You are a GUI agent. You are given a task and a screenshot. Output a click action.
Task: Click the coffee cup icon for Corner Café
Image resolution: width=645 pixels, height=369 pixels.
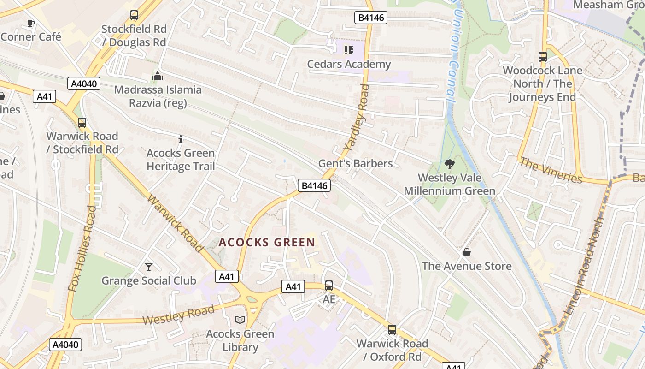pyautogui.click(x=31, y=23)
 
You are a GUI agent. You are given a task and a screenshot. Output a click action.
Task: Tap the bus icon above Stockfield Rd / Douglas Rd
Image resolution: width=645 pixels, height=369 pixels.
pyautogui.click(x=134, y=15)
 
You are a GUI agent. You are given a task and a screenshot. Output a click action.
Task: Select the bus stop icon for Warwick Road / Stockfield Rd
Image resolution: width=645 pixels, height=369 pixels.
pyautogui.click(x=82, y=123)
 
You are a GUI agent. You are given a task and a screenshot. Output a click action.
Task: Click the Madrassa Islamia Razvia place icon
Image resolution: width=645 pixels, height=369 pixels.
pyautogui.click(x=158, y=76)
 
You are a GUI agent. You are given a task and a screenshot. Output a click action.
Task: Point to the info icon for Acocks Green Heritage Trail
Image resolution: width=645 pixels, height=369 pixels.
pyautogui.click(x=181, y=139)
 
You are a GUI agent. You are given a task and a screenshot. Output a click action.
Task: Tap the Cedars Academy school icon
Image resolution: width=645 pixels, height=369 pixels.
pyautogui.click(x=348, y=50)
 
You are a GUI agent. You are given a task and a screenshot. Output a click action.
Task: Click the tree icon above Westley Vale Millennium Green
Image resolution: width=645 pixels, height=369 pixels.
pyautogui.click(x=449, y=164)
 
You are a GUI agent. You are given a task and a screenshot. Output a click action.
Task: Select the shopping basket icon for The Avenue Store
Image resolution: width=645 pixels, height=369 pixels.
pyautogui.click(x=467, y=252)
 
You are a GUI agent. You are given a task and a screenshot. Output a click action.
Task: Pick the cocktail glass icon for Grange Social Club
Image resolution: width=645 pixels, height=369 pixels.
pyautogui.click(x=148, y=267)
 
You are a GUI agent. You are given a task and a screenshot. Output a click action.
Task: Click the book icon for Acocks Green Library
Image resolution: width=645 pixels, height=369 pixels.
pyautogui.click(x=240, y=320)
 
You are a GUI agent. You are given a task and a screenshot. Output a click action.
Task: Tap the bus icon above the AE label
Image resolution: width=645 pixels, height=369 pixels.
pyautogui.click(x=329, y=286)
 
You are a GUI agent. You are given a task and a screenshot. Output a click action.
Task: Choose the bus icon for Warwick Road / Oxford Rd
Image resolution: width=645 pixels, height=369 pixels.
pyautogui.click(x=392, y=330)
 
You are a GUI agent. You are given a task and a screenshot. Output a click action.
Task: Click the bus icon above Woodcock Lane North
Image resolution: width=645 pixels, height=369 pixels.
pyautogui.click(x=543, y=57)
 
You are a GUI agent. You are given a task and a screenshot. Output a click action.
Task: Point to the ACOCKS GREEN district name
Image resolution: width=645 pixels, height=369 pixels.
pyautogui.click(x=267, y=242)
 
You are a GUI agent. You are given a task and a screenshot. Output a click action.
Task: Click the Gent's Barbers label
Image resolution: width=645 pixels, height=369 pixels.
pyautogui.click(x=355, y=163)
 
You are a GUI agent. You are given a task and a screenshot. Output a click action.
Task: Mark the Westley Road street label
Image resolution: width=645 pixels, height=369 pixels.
pyautogui.click(x=178, y=314)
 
